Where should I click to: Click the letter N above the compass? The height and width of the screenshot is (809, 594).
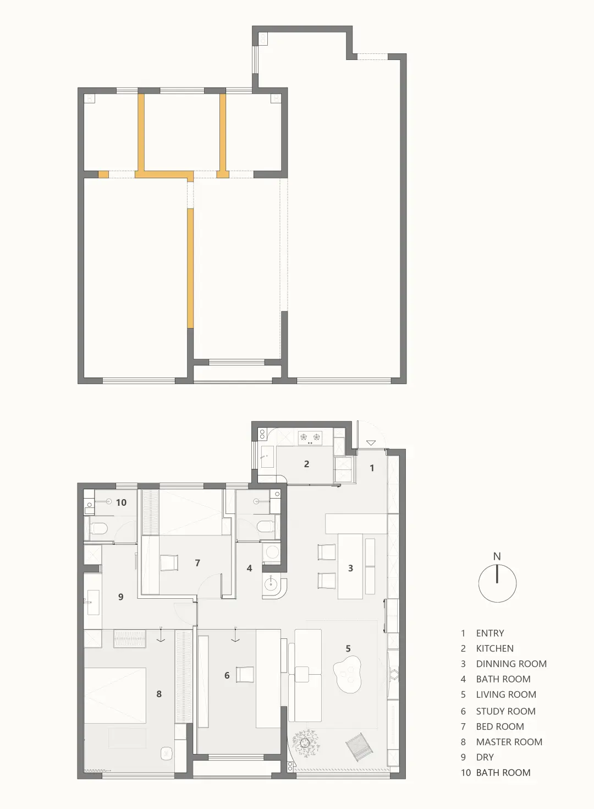coord(497,556)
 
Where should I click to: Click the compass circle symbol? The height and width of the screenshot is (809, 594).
coord(497,583)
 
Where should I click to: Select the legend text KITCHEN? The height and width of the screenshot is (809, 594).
coord(494,648)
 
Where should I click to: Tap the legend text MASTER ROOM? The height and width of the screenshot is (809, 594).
coord(509,742)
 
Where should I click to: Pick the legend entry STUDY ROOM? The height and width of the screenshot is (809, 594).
coord(505,711)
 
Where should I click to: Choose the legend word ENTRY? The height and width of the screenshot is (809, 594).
coord(490,633)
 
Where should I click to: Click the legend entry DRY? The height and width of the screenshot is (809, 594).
coord(485,757)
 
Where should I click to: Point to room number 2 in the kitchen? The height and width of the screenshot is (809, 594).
coord(306,464)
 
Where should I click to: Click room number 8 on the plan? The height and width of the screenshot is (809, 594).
coord(159,694)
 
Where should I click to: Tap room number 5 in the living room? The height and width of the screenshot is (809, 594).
coord(348,648)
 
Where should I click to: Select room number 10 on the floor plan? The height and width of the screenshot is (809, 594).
coord(121,502)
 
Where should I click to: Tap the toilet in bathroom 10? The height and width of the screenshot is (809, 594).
coord(98,529)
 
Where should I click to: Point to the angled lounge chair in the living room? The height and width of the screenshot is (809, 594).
coord(359,745)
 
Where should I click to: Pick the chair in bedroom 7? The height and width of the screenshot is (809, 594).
coord(169,562)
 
